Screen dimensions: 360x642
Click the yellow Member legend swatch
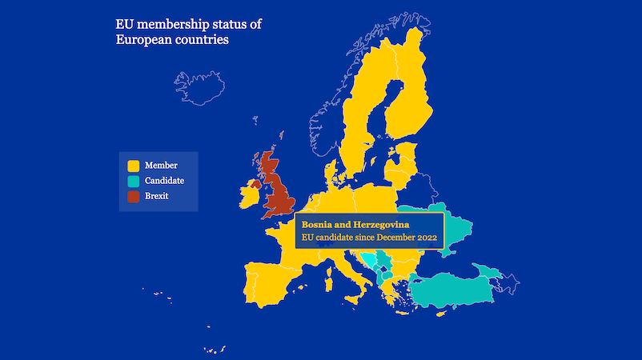click(133, 166)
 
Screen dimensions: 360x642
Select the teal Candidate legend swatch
click(133, 181)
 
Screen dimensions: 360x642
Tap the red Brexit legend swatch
click(133, 196)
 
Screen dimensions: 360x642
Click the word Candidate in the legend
click(164, 181)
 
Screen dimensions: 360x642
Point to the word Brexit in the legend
click(156, 196)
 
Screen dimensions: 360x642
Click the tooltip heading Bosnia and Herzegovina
click(355, 223)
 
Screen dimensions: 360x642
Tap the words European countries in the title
click(171, 39)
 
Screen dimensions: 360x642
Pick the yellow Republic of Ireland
click(250, 197)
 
